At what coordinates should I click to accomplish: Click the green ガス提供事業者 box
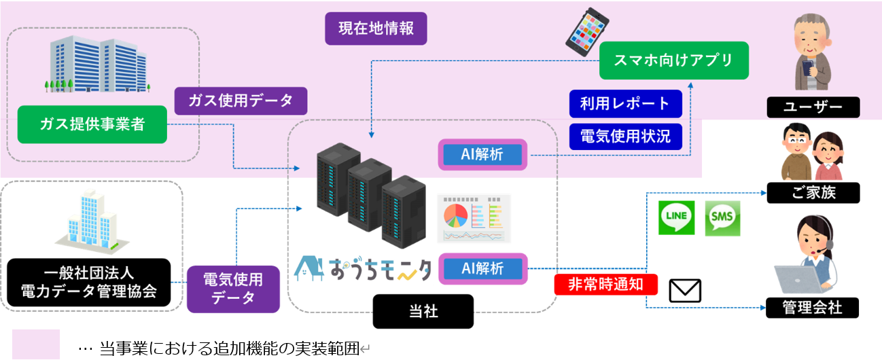[x=92, y=124]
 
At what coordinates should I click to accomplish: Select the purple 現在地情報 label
[x=376, y=29]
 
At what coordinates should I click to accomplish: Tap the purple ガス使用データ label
[x=241, y=101]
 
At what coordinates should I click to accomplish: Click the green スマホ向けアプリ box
[x=673, y=60]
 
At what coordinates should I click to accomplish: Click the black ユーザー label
[x=813, y=107]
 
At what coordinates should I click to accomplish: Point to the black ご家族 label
[x=813, y=193]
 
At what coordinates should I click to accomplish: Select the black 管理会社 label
[x=813, y=308]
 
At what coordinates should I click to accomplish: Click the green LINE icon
[x=677, y=217]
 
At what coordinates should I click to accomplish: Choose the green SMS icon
[x=722, y=217]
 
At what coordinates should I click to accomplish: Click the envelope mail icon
[x=685, y=291]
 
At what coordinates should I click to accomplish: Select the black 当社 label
[x=423, y=311]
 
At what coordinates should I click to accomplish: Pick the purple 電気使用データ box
[x=233, y=288]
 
